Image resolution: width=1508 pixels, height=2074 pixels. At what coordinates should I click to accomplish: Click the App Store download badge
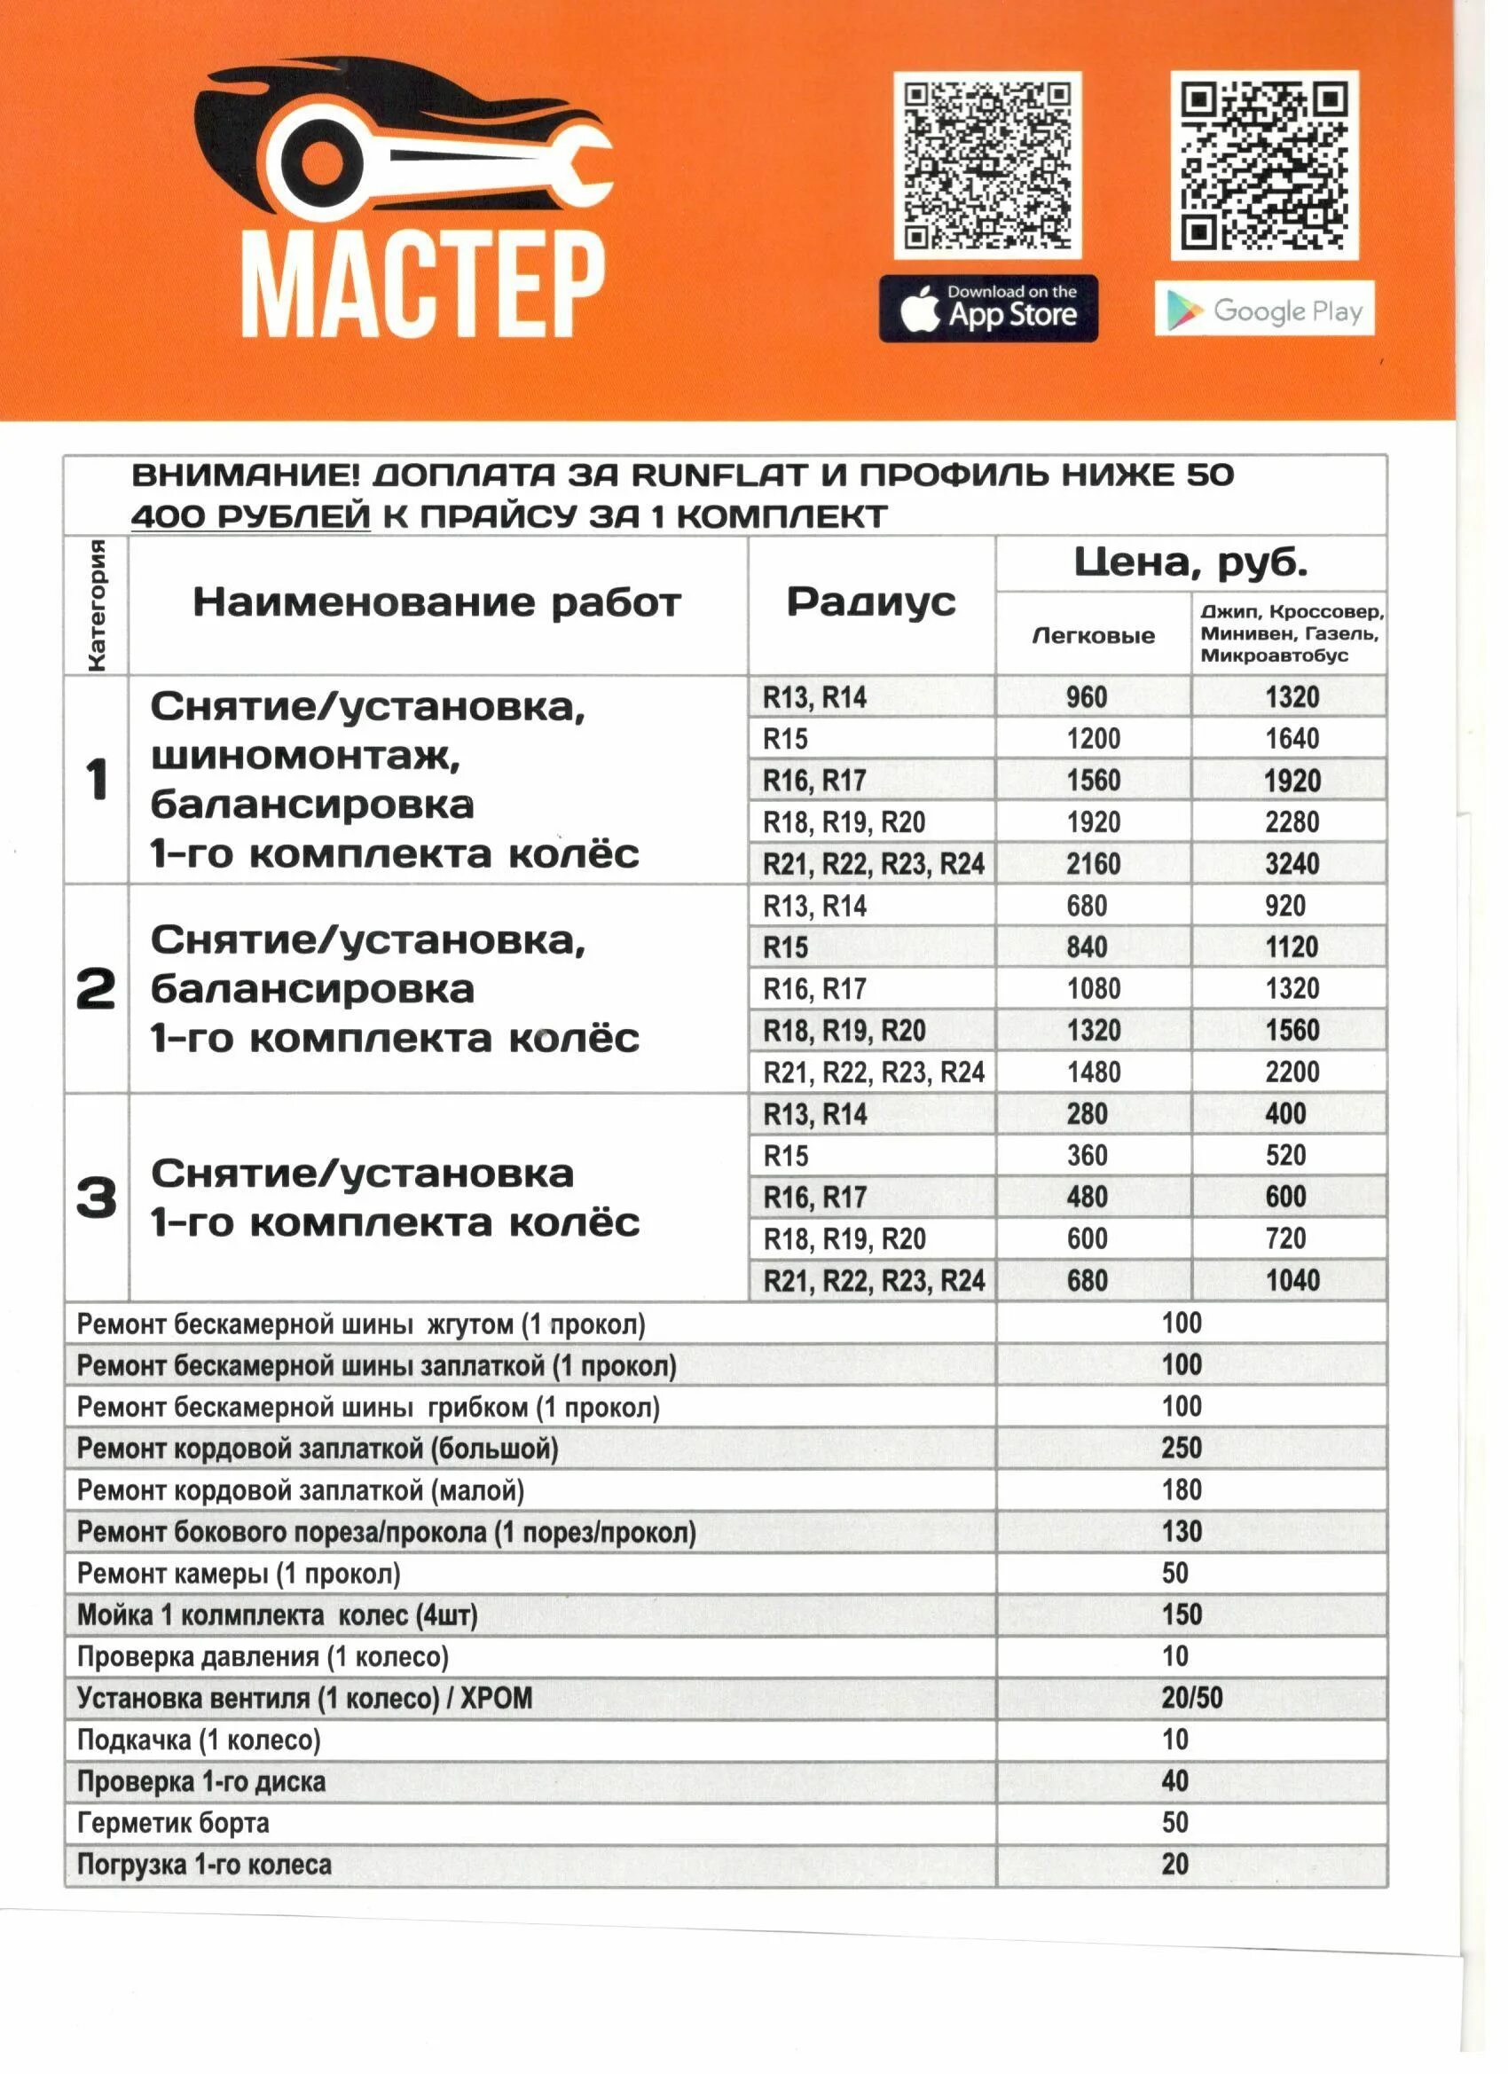[x=987, y=309]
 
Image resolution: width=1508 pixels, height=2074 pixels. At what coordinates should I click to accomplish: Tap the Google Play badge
[x=1264, y=309]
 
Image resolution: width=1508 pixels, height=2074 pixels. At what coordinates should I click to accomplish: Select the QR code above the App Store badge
[x=986, y=165]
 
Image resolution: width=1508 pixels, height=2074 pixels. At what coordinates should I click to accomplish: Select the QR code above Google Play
[x=1264, y=165]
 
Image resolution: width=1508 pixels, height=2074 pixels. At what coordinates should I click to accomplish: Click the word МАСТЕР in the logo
[x=422, y=285]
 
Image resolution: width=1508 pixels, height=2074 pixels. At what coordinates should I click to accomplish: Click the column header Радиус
[x=870, y=602]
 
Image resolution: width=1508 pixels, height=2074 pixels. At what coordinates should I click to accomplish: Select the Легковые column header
[x=1093, y=635]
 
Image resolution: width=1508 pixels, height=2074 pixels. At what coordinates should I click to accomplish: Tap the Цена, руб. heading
[x=1190, y=562]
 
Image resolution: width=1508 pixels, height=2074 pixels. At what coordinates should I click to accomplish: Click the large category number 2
[x=96, y=989]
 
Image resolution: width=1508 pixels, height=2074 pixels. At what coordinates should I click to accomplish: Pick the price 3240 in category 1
[x=1292, y=863]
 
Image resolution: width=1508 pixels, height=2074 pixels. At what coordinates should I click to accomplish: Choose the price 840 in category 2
[x=1087, y=947]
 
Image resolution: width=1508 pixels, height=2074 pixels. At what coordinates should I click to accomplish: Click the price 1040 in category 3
[x=1292, y=1280]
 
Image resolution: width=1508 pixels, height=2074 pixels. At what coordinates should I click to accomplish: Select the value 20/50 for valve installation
[x=1191, y=1698]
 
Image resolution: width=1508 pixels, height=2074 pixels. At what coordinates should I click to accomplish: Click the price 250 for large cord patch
[x=1182, y=1449]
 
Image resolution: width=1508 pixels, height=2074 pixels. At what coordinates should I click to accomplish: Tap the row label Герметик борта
[x=173, y=1824]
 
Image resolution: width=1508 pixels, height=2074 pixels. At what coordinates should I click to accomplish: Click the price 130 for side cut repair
[x=1182, y=1532]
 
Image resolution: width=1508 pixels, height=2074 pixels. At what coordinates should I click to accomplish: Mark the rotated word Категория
[x=96, y=605]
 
